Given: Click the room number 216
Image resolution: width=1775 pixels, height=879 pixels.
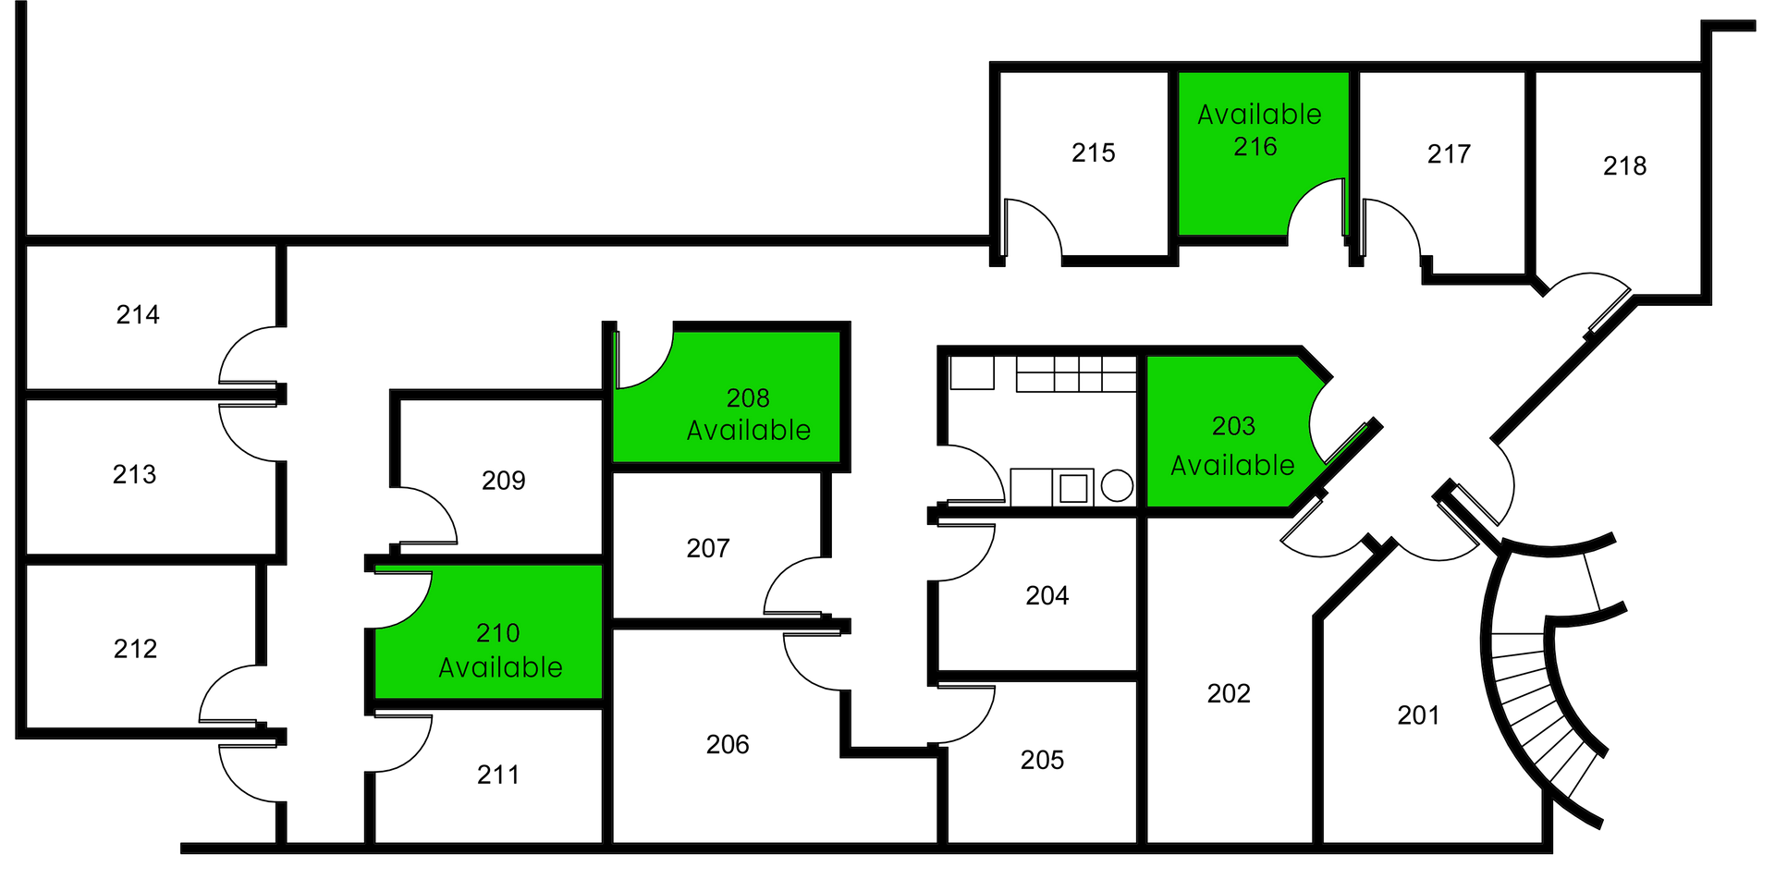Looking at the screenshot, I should click(1255, 147).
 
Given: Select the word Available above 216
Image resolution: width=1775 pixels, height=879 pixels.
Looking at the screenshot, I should click(1259, 115).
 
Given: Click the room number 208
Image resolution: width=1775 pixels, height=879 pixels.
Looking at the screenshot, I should click(748, 398).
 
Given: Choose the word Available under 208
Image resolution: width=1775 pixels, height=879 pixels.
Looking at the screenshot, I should click(749, 431).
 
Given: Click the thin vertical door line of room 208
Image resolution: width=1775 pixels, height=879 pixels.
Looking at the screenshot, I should click(615, 360).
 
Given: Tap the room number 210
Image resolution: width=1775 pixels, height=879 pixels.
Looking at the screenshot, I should click(497, 633).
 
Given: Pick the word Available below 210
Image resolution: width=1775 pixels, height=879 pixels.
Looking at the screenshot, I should click(500, 667).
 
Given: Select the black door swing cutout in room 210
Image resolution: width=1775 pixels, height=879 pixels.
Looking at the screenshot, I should click(399, 595).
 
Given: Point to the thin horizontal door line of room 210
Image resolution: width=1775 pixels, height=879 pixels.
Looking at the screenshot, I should click(404, 568).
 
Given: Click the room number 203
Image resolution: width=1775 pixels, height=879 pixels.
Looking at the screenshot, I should click(1233, 426).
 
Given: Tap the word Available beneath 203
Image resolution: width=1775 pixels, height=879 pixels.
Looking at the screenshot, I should click(1232, 466).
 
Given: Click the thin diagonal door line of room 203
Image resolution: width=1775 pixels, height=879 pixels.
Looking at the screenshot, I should click(1346, 446).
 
